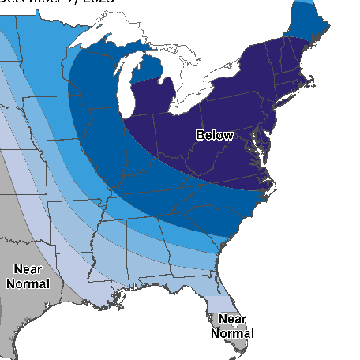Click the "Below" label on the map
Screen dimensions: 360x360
pos(215,135)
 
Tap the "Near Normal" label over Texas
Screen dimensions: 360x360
pos(28,276)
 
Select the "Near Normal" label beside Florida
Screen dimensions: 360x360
pos(232,325)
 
